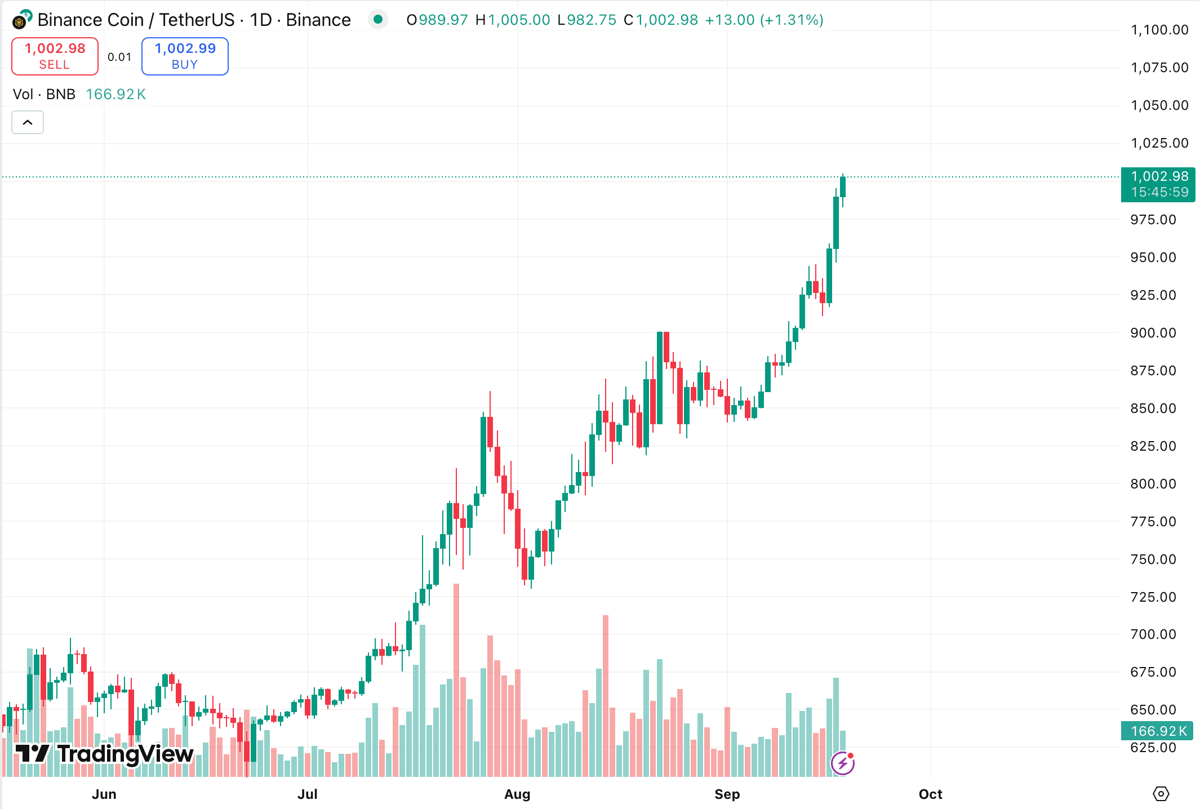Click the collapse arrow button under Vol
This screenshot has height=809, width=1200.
[x=28, y=122]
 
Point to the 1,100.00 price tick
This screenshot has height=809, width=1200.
[x=1159, y=30]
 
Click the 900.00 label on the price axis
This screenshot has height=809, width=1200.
[x=1153, y=333]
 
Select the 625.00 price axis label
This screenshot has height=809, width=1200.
[x=1153, y=748]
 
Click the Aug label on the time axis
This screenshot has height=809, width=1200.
[x=517, y=794]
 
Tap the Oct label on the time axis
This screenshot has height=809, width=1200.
[x=930, y=794]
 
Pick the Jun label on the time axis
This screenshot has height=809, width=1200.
[x=104, y=794]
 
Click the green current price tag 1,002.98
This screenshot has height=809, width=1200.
[x=1159, y=184]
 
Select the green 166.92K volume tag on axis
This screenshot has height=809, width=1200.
[x=1158, y=731]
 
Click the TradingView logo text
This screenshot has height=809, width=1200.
[x=105, y=754]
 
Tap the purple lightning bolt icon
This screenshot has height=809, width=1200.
[x=843, y=763]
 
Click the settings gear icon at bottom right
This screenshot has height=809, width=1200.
[x=1161, y=794]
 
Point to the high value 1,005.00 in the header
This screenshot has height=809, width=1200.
[x=518, y=20]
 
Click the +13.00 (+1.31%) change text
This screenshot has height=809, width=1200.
[x=764, y=20]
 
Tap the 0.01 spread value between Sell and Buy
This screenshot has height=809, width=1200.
[x=119, y=57]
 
